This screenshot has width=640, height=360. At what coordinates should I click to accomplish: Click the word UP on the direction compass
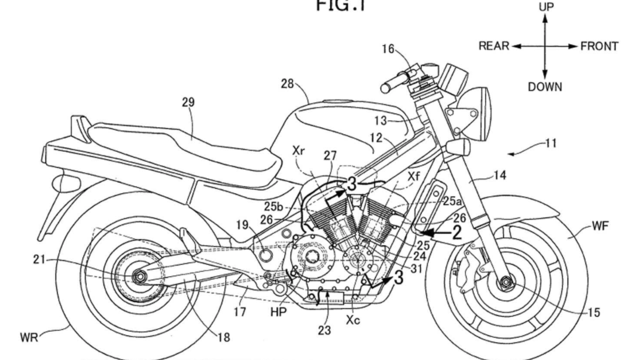pos(546,7)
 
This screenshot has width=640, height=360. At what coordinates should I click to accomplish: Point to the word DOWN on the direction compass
pos(545,87)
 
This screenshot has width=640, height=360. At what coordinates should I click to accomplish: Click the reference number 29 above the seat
pos(188,102)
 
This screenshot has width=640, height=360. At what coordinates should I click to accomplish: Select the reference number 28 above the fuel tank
pos(287,84)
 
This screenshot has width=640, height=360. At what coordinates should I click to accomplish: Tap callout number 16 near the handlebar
pos(388,49)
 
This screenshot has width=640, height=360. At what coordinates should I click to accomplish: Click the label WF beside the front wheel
pos(601,225)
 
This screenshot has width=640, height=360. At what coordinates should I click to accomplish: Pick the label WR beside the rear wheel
pos(28,338)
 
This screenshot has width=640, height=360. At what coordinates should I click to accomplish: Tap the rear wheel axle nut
pos(141,276)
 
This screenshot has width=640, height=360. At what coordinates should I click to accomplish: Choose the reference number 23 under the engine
pos(324,329)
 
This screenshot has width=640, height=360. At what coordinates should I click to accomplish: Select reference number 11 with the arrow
pos(551,144)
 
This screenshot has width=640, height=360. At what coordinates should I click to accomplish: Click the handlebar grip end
pos(385,87)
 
